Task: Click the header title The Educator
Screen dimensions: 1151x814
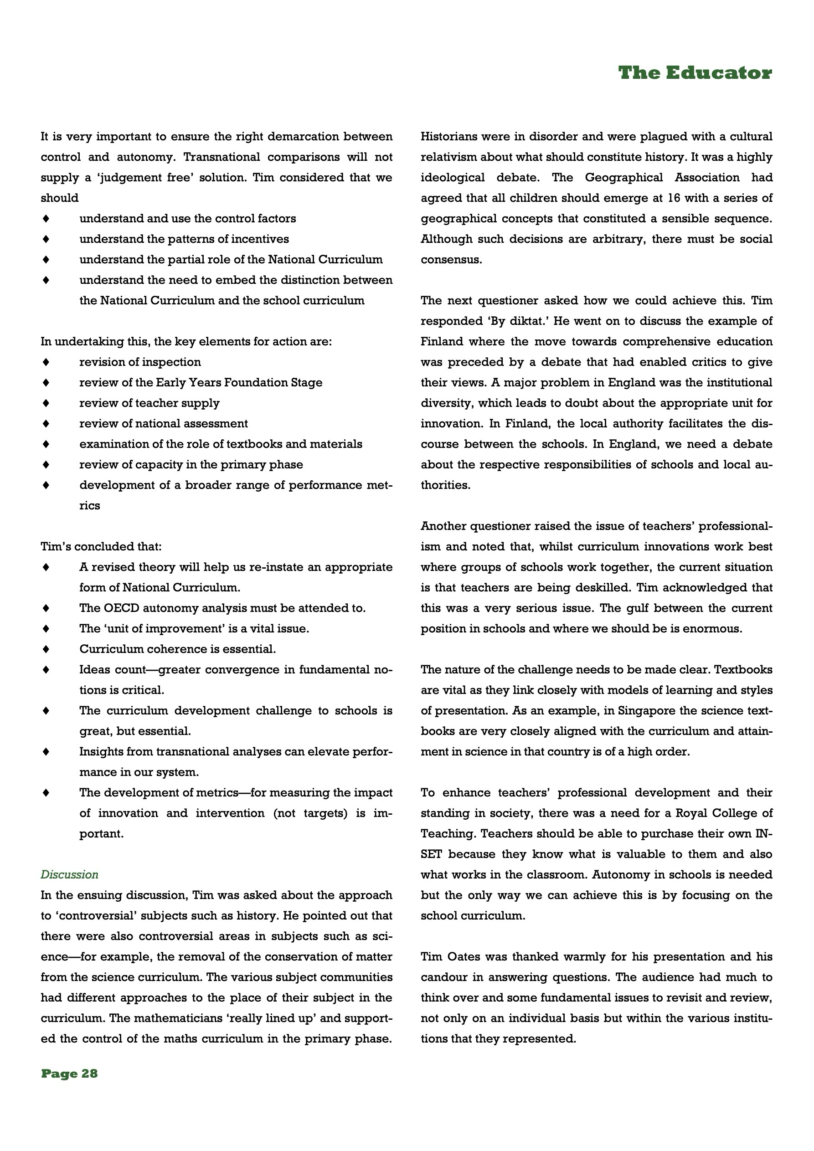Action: (x=695, y=73)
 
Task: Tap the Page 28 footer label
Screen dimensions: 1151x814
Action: (x=69, y=1073)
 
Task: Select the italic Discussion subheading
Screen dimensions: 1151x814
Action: (x=69, y=874)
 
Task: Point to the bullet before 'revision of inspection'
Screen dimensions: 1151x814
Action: (x=46, y=362)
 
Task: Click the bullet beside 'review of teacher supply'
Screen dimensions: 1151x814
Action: (x=46, y=403)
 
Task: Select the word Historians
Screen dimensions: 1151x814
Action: (x=448, y=136)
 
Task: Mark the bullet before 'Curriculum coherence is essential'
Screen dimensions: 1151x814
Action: (x=46, y=649)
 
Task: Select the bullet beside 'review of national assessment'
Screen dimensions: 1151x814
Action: (x=46, y=424)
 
